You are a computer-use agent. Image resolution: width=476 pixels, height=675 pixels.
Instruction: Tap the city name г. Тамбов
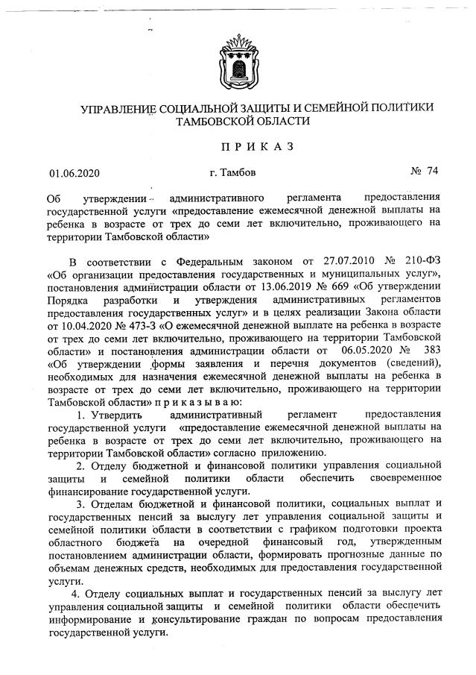click(x=233, y=173)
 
